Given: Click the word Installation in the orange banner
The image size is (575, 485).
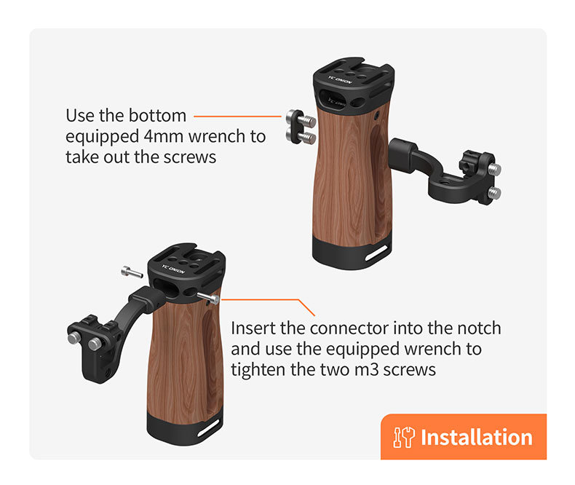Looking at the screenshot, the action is point(476,438).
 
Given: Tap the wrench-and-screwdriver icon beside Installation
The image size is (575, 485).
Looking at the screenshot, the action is point(404,438).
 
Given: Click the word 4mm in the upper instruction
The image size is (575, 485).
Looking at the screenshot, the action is point(164,136).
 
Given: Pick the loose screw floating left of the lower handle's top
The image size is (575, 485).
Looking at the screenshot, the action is point(132,272).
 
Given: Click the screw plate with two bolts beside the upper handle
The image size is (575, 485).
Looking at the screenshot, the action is point(301,127).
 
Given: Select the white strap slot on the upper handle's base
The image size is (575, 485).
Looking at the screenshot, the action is point(376,253).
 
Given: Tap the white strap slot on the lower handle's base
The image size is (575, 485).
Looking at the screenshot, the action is point(210,427).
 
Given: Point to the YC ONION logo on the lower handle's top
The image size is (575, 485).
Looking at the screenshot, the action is point(173,269).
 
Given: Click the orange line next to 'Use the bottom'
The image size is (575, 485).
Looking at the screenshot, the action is point(237,117).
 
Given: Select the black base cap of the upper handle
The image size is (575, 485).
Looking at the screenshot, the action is point(352,253).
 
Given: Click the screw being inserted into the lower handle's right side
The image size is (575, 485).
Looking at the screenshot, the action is point(208,297).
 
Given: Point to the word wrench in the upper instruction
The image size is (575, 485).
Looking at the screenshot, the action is point(217,136).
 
